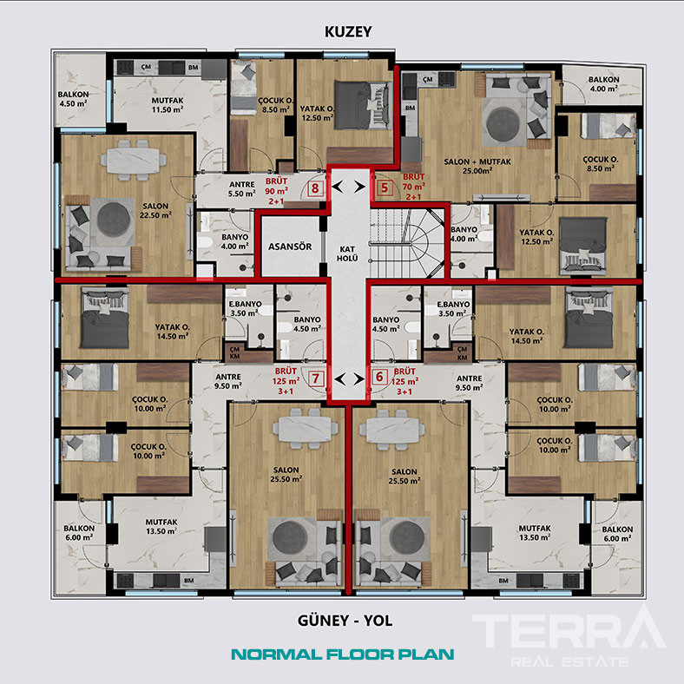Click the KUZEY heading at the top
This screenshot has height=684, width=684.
point(348,32)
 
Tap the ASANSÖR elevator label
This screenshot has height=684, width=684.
point(290,247)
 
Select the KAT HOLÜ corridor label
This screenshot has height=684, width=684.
point(347,253)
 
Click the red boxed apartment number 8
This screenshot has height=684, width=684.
point(315,188)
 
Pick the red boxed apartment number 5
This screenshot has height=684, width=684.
point(385,188)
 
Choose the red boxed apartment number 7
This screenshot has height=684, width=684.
point(316,378)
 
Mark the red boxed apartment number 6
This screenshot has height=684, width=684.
point(379,377)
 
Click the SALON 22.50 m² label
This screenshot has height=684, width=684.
point(155,210)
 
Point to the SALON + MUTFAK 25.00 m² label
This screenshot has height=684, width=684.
point(477,166)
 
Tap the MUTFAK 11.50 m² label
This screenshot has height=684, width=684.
point(168,105)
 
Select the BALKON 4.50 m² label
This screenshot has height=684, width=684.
point(73,99)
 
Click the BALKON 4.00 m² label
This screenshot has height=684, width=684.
point(604,84)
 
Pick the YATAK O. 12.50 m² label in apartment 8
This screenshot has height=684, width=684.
point(317,114)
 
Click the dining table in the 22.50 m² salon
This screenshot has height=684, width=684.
point(133,161)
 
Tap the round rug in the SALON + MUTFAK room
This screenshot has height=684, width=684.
point(503,124)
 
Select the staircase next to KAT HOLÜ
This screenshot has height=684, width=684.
point(406,243)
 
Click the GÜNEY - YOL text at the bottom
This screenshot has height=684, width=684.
point(345,621)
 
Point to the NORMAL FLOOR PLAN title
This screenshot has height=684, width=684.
point(343,654)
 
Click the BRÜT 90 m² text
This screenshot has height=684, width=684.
point(277,187)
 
